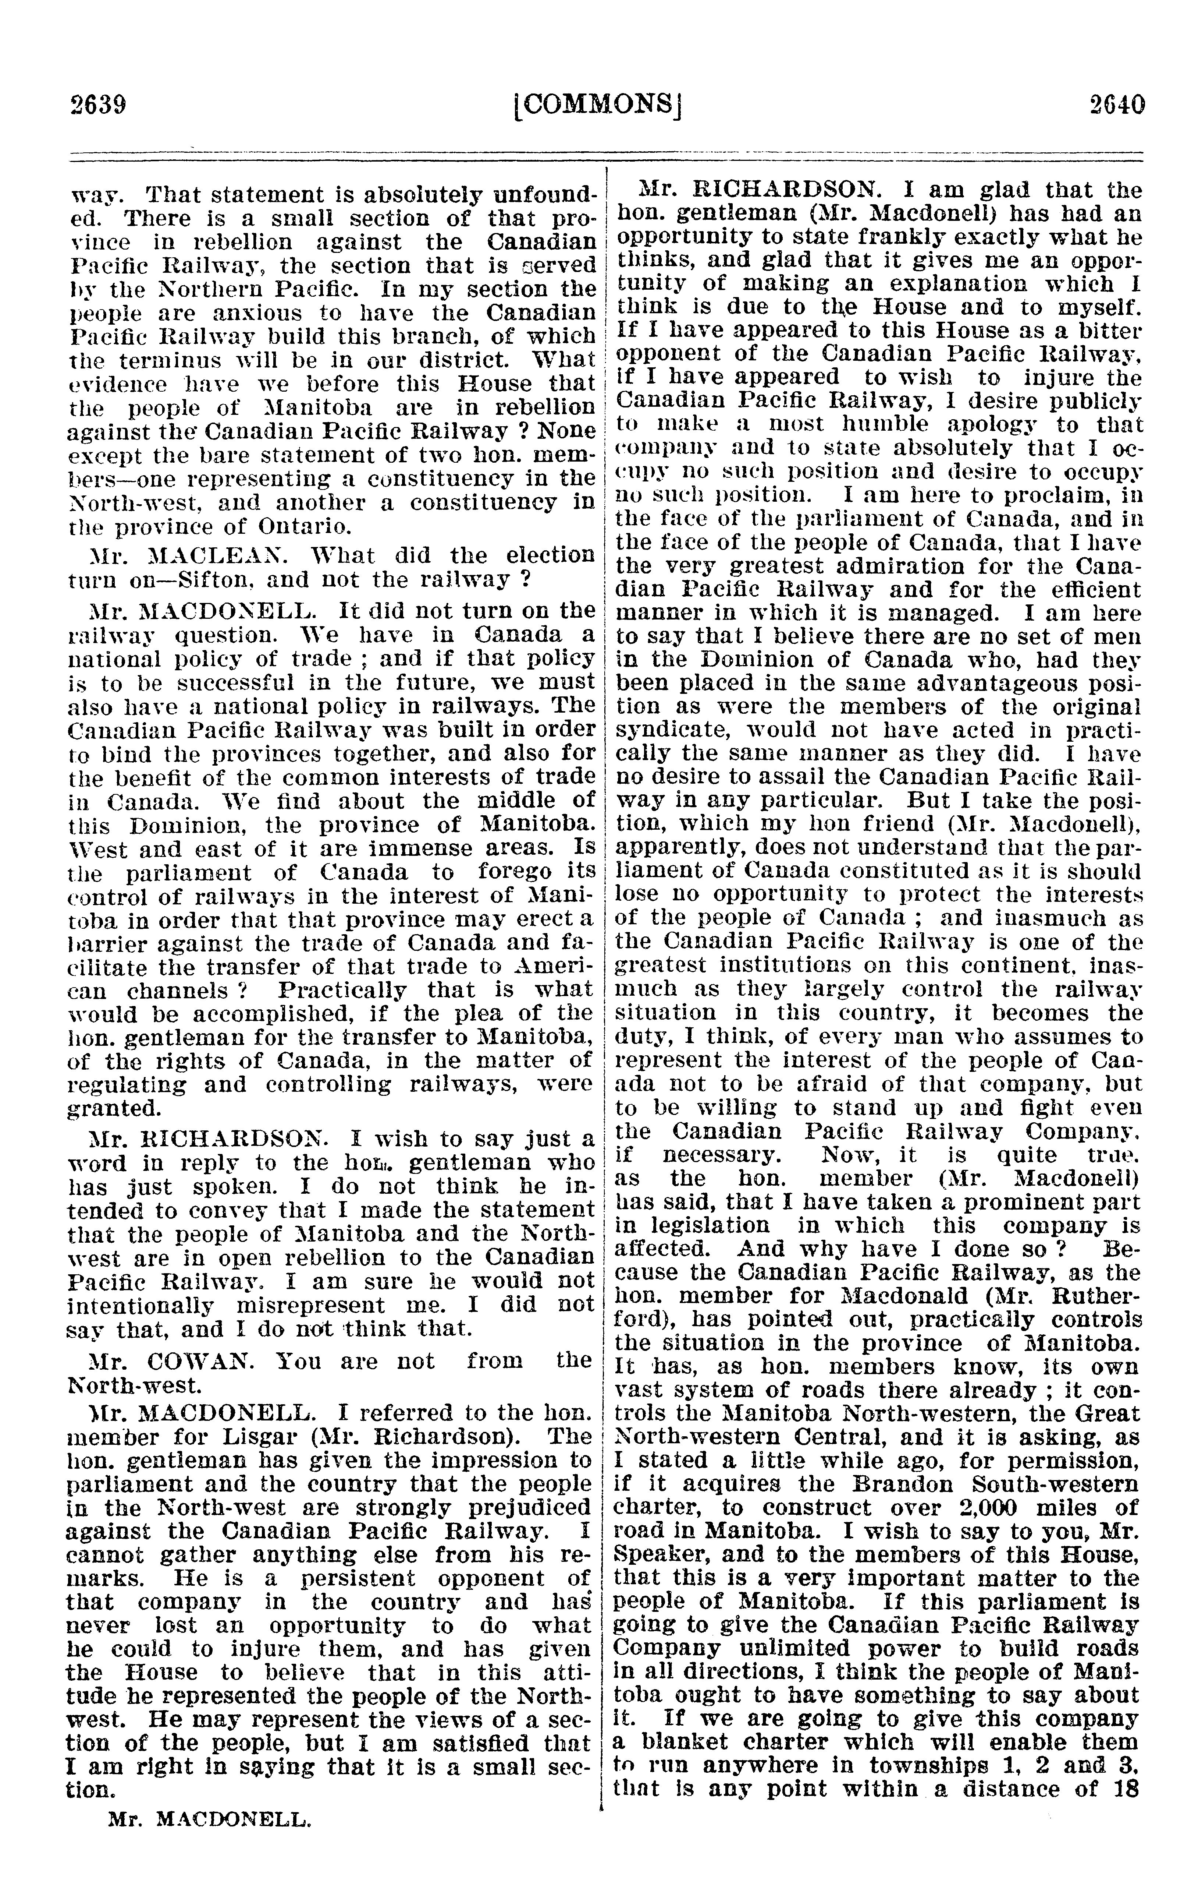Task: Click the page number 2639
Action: (x=97, y=104)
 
